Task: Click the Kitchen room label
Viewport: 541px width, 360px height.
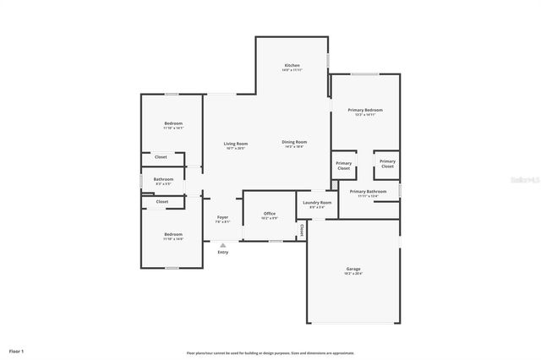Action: (292, 65)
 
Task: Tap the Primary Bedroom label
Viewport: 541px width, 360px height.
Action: (365, 110)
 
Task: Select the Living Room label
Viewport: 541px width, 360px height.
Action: (235, 144)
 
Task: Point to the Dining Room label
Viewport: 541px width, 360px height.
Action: (293, 142)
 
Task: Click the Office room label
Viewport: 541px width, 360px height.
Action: (269, 214)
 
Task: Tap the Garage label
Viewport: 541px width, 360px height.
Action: (352, 269)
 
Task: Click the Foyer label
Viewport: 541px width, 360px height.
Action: (222, 217)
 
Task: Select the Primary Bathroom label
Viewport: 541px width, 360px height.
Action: (368, 192)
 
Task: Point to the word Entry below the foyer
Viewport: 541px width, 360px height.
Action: (222, 252)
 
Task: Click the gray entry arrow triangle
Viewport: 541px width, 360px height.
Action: (222, 244)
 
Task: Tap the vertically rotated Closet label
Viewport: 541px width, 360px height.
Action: (300, 229)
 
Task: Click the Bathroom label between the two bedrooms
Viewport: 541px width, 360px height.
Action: (163, 179)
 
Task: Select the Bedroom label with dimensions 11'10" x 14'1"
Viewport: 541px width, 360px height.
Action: (172, 123)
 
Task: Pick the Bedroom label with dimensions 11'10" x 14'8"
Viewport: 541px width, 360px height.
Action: (172, 234)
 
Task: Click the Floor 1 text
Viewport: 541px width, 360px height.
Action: (16, 350)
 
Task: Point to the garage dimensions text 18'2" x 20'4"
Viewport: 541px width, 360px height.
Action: (352, 273)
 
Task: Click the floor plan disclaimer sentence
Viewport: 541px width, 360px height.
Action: (270, 353)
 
